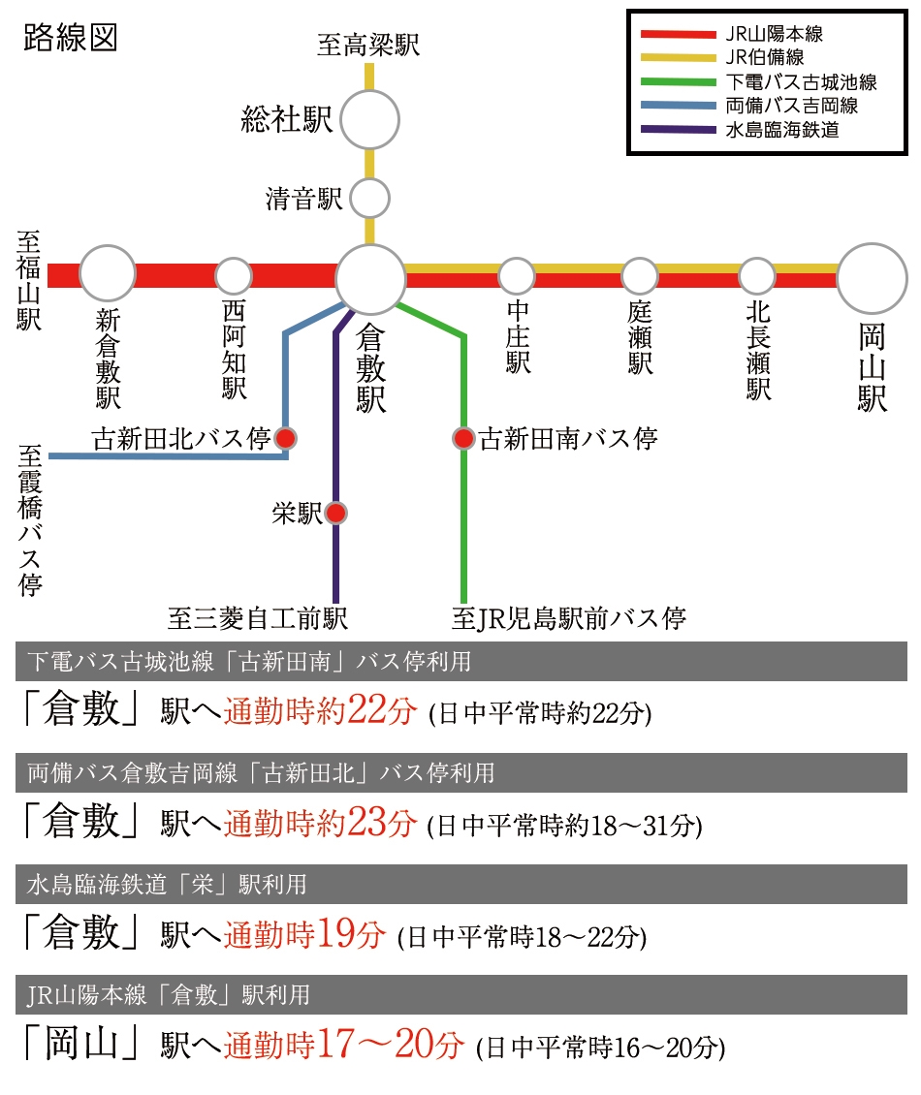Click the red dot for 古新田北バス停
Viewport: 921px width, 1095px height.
(x=285, y=439)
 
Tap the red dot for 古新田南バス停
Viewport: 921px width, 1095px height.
(x=463, y=439)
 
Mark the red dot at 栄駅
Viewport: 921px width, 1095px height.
(x=336, y=514)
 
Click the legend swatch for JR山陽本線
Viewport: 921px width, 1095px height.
(x=679, y=34)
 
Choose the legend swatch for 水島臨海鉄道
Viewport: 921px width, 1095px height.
(x=679, y=129)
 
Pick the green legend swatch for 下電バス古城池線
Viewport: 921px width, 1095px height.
(x=679, y=81)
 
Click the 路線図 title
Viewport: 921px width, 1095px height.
(x=71, y=38)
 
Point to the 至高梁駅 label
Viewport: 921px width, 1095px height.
(x=369, y=46)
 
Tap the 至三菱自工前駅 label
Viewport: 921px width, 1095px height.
(x=257, y=618)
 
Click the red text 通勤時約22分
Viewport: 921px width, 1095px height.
(x=320, y=710)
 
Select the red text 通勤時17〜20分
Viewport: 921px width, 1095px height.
(x=344, y=1045)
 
